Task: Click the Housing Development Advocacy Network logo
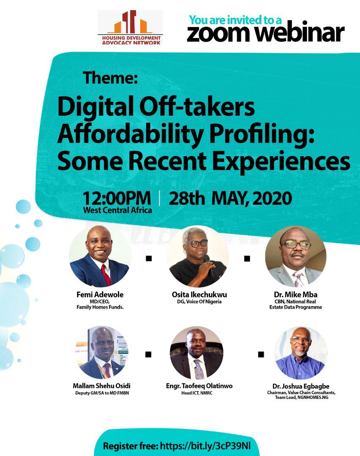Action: [x=130, y=27]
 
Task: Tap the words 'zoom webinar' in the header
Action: [x=265, y=33]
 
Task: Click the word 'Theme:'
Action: [x=110, y=78]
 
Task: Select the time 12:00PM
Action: [x=117, y=198]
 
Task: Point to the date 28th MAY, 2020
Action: [x=230, y=198]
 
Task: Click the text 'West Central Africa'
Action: [x=117, y=210]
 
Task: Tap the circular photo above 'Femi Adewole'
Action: [x=100, y=256]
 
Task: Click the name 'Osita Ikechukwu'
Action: [x=199, y=295]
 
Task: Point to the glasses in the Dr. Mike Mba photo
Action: [x=296, y=244]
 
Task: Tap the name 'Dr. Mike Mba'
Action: [x=296, y=295]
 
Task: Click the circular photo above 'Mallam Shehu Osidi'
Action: [x=101, y=352]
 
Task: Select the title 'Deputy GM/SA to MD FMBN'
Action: [x=102, y=393]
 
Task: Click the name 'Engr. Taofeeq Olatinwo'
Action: [x=199, y=386]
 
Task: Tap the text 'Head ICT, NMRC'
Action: [x=197, y=393]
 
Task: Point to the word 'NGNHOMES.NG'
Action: [x=313, y=398]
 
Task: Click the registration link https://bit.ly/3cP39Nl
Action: [x=205, y=446]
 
